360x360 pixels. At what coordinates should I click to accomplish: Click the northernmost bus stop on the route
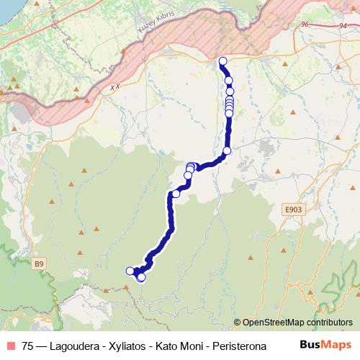[x=222, y=60]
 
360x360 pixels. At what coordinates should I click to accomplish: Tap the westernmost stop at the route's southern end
[x=130, y=271]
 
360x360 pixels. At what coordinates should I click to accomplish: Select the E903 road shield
[x=291, y=210]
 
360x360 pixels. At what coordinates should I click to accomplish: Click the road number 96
[x=305, y=24]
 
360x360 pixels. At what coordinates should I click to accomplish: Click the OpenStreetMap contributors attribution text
[x=297, y=323]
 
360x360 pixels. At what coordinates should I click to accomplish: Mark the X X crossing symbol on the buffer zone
[x=114, y=86]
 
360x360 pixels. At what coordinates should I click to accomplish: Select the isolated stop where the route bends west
[x=227, y=150]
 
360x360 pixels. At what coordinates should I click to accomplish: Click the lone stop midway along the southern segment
[x=176, y=194]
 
